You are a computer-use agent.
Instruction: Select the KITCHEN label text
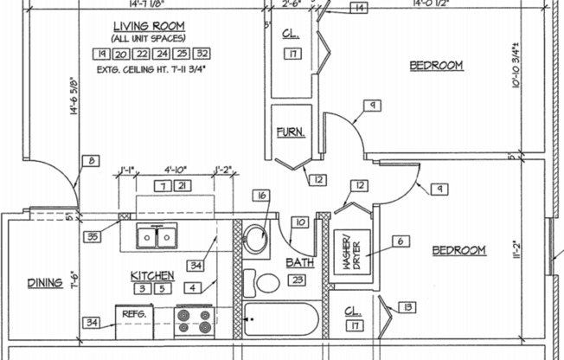tap(152, 275)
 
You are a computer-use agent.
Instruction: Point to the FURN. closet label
tap(287, 132)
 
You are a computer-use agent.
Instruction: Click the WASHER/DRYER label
tap(353, 254)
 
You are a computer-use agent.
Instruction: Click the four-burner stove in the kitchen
tap(194, 321)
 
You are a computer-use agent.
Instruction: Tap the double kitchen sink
tap(158, 235)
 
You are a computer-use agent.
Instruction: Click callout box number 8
tap(92, 160)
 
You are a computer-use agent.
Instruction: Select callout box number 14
tap(358, 9)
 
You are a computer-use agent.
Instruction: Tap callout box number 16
tap(261, 196)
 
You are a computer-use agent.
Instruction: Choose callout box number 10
tap(298, 222)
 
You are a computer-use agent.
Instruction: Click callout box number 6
tap(401, 241)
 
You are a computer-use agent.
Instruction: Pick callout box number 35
tap(93, 235)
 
